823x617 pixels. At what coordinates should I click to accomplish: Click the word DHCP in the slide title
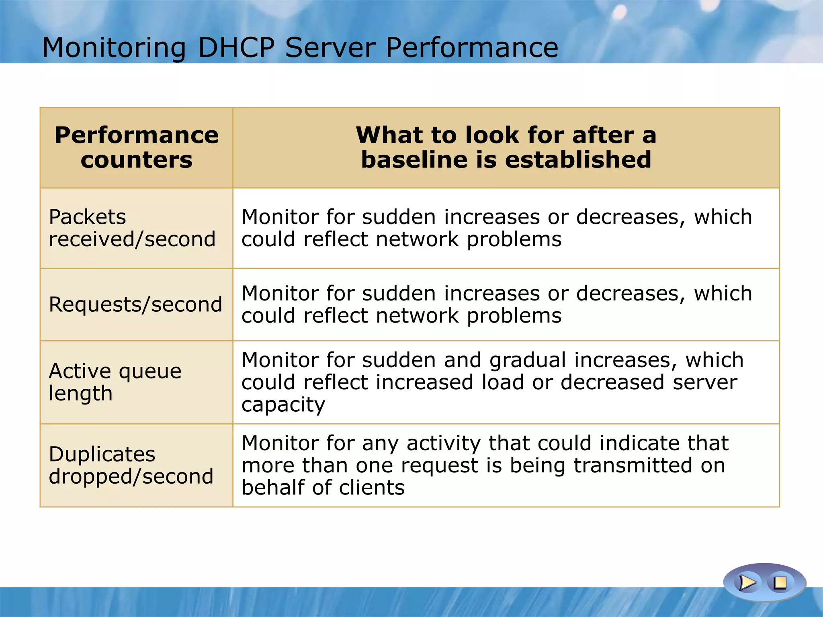point(236,48)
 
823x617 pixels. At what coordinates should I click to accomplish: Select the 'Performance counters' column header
point(137,147)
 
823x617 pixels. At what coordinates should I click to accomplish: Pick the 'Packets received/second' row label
point(132,228)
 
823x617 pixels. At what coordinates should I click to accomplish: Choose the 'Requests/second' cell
point(135,304)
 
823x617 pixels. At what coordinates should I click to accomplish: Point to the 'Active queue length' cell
point(115,382)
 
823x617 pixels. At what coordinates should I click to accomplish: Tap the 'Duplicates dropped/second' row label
point(131,465)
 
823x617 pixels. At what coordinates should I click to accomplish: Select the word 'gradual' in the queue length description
point(527,360)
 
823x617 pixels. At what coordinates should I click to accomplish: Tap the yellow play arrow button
point(747,582)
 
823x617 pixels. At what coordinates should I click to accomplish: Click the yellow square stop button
point(780,582)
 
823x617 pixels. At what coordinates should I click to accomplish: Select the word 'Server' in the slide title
point(330,48)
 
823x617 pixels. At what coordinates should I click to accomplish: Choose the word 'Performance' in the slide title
point(472,48)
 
